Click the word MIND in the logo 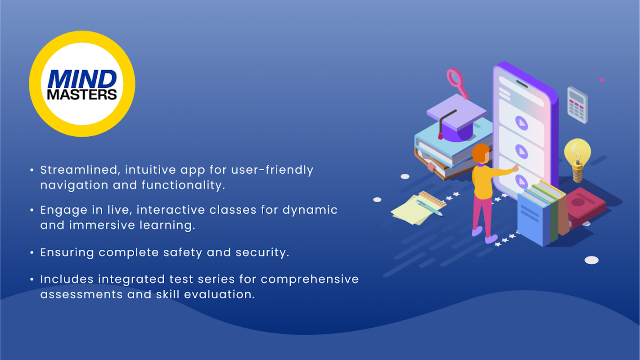(x=82, y=79)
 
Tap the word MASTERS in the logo (x=82, y=94)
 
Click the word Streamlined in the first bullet (x=79, y=170)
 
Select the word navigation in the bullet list (x=74, y=185)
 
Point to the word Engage (x=64, y=210)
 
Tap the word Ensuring (x=67, y=252)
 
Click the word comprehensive (x=310, y=279)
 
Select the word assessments (x=81, y=295)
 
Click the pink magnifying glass (x=458, y=83)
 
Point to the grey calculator (x=577, y=105)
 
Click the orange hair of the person (x=480, y=153)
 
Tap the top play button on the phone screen (x=522, y=123)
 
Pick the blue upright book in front (x=533, y=220)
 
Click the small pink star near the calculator (x=602, y=80)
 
